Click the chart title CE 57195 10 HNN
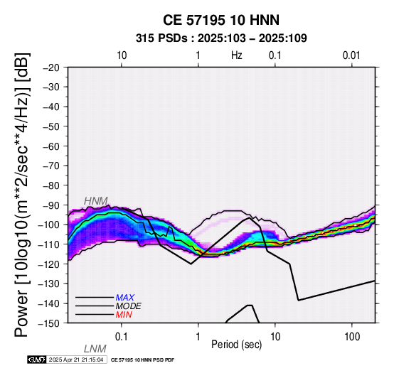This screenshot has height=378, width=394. click(221, 20)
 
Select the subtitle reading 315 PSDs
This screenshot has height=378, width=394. click(161, 38)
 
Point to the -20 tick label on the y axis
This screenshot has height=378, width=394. click(51, 67)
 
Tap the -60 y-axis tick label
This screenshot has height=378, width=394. click(51, 146)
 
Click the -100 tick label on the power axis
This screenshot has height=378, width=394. click(49, 225)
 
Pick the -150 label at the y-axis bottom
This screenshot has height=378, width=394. click(49, 323)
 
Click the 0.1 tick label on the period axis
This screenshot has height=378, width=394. click(122, 337)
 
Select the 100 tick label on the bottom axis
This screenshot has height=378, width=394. click(352, 337)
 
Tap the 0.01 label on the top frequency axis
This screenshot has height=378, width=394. click(351, 55)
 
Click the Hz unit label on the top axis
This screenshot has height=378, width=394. click(237, 55)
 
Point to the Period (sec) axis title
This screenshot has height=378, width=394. click(236, 345)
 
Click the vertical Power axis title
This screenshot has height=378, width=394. click(22, 195)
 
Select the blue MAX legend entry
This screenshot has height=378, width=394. click(125, 298)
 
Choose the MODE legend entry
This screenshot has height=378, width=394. click(129, 306)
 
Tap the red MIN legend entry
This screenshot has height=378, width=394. click(124, 315)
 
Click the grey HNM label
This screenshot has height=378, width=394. click(96, 201)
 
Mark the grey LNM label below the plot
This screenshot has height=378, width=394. click(95, 349)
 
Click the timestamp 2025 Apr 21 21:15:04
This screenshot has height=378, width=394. click(76, 360)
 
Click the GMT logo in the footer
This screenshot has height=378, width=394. click(37, 360)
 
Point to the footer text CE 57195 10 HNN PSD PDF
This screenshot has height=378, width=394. click(142, 360)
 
